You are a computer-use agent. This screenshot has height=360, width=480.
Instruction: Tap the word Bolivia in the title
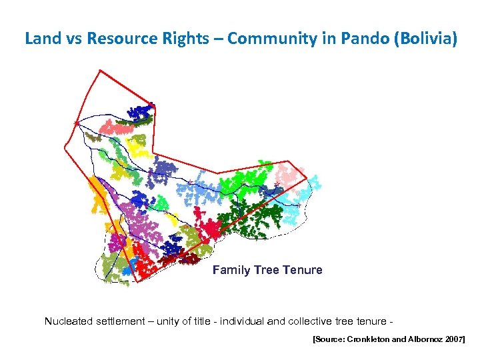[x=426, y=39]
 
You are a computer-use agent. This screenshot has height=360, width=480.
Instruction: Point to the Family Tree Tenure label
[x=267, y=270]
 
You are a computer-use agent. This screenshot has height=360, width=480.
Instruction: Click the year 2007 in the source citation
[x=454, y=340]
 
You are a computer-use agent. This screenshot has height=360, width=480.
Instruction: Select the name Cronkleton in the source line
[x=371, y=340]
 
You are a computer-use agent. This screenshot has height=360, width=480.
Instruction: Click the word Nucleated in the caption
[x=69, y=321]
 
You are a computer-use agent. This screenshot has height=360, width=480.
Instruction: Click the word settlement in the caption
[x=121, y=321]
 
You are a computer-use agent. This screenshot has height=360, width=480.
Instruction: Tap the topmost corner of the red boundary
[x=99, y=71]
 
